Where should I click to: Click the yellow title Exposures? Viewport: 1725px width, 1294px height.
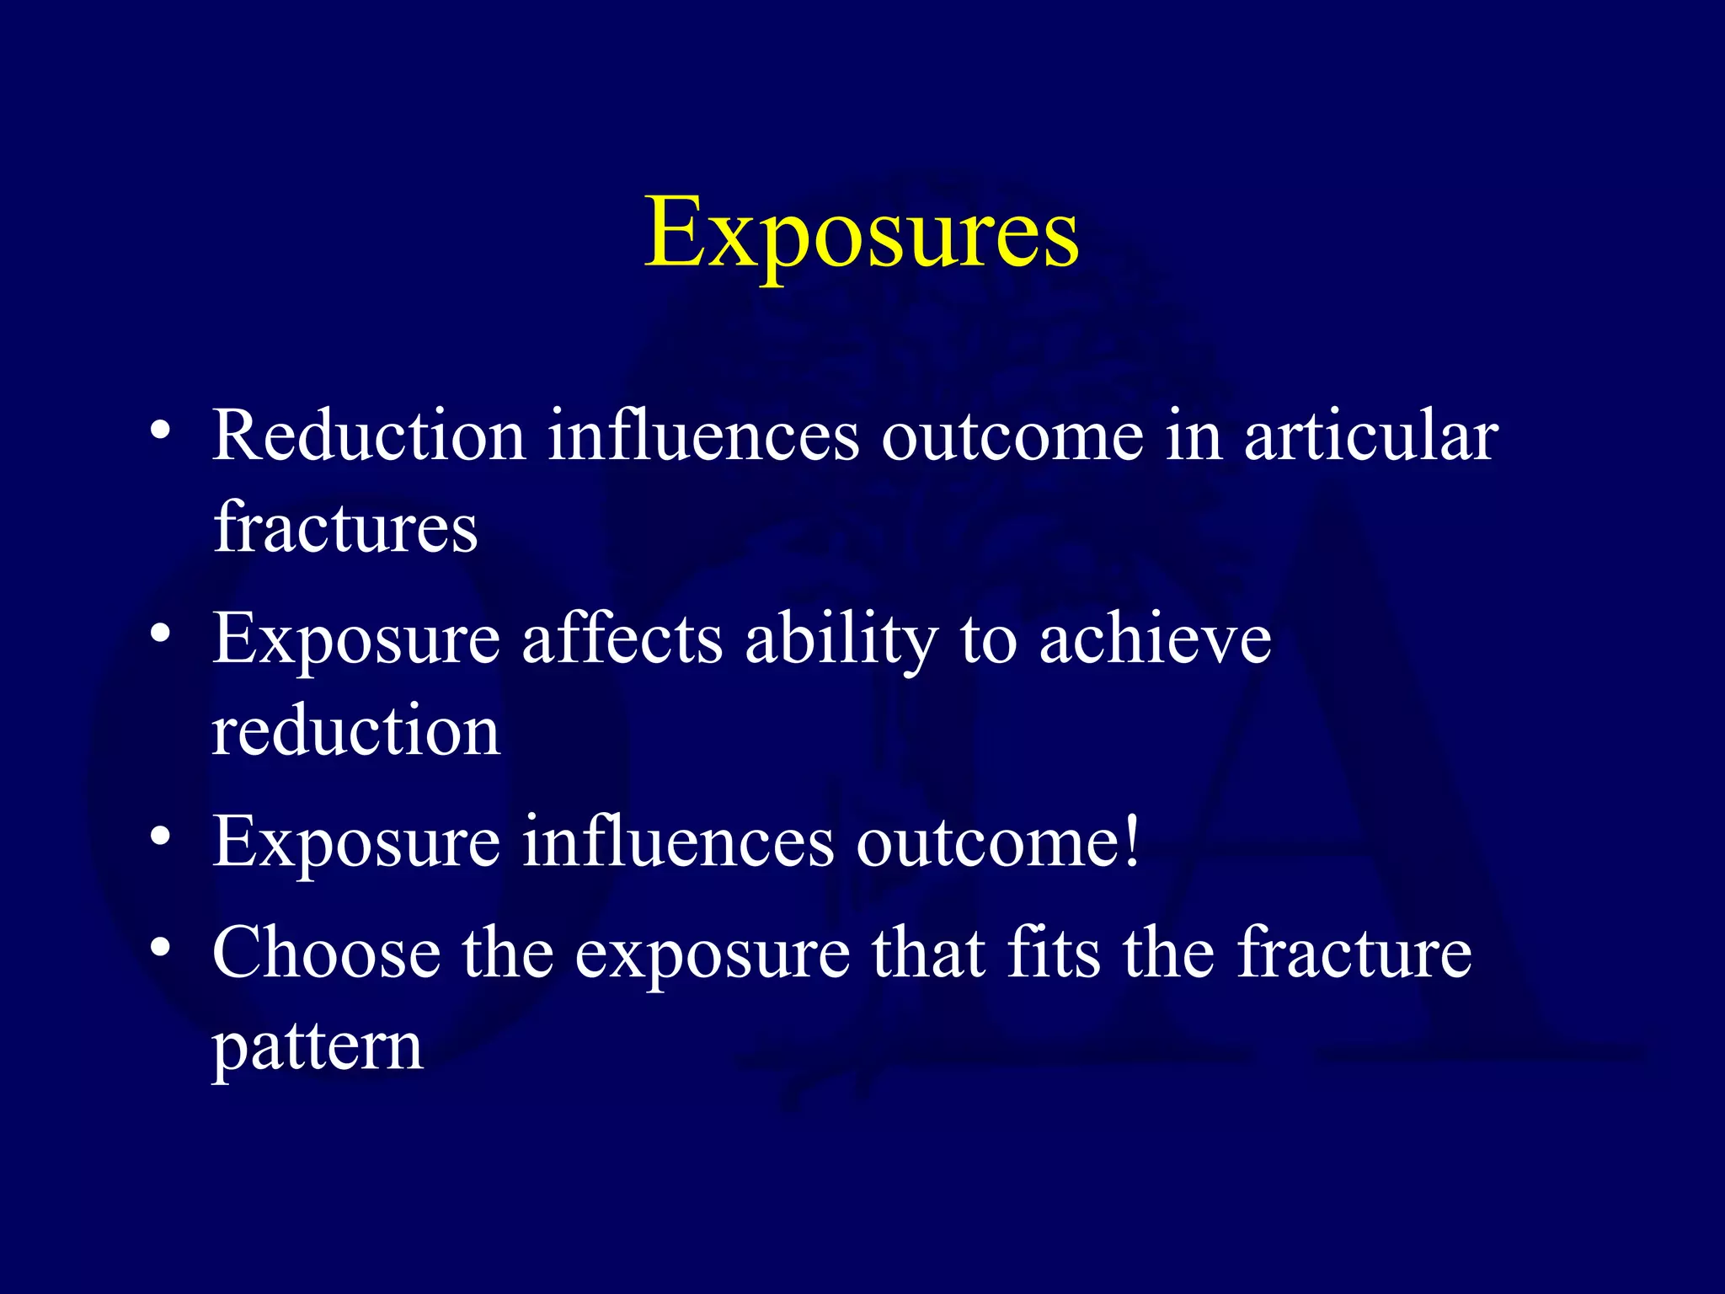[861, 233]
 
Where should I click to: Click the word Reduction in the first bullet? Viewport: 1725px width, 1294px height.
[369, 436]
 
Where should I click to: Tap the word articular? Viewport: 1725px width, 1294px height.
[1370, 436]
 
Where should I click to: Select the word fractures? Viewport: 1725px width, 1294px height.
[345, 528]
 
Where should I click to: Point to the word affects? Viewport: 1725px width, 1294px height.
[622, 639]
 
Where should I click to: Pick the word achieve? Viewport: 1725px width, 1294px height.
[1155, 640]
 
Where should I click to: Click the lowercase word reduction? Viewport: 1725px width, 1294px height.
[355, 730]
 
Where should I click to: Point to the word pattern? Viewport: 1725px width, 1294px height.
[317, 1048]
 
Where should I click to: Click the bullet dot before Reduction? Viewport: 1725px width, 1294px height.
[160, 432]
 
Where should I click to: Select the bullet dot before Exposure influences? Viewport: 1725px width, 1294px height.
[160, 836]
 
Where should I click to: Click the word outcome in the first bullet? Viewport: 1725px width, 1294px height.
[1012, 436]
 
